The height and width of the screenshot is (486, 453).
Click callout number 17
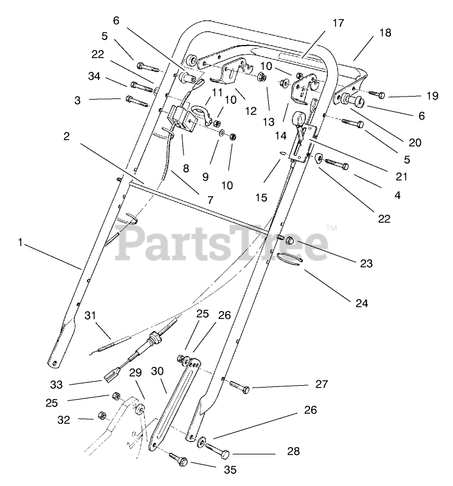pos(338,24)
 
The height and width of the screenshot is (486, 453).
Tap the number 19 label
pos(415,95)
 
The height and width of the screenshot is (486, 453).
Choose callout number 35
pos(229,470)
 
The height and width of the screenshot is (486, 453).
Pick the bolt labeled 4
pos(338,163)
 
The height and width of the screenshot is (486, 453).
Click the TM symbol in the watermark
pos(332,228)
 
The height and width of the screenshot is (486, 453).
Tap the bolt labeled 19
pos(373,95)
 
